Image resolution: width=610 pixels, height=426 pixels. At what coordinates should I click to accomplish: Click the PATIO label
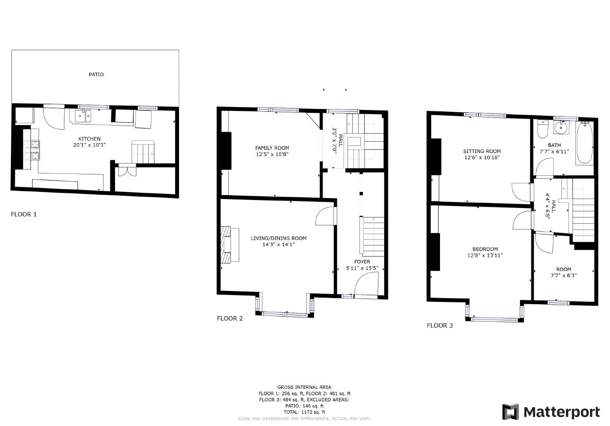point(96,74)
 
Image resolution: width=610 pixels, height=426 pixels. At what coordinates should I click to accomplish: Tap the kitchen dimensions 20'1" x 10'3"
point(89,145)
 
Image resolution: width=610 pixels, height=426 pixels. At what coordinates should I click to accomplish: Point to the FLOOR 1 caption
point(24,214)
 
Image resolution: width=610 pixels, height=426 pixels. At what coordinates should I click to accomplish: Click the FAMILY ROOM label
point(272,148)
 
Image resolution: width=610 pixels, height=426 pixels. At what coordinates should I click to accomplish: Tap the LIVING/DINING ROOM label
point(278,238)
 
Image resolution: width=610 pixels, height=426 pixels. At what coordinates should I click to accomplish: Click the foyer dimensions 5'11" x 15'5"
point(362,268)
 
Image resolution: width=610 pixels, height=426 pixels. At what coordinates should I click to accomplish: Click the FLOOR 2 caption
point(230,318)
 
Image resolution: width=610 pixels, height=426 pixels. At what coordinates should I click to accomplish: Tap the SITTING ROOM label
point(482,152)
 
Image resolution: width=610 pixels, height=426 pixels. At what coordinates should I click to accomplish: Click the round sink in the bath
point(562,127)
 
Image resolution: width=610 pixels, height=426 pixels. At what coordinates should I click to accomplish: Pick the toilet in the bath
point(542,129)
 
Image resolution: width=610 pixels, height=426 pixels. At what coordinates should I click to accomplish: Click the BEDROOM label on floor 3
point(485,249)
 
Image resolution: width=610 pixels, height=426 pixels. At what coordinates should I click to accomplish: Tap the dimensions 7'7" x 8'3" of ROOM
point(564,275)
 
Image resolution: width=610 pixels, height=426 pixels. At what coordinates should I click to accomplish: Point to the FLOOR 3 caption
point(440,326)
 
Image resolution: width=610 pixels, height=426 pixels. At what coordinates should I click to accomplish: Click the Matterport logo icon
point(511,412)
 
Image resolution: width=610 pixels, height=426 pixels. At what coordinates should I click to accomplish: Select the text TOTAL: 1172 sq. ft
point(304,412)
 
